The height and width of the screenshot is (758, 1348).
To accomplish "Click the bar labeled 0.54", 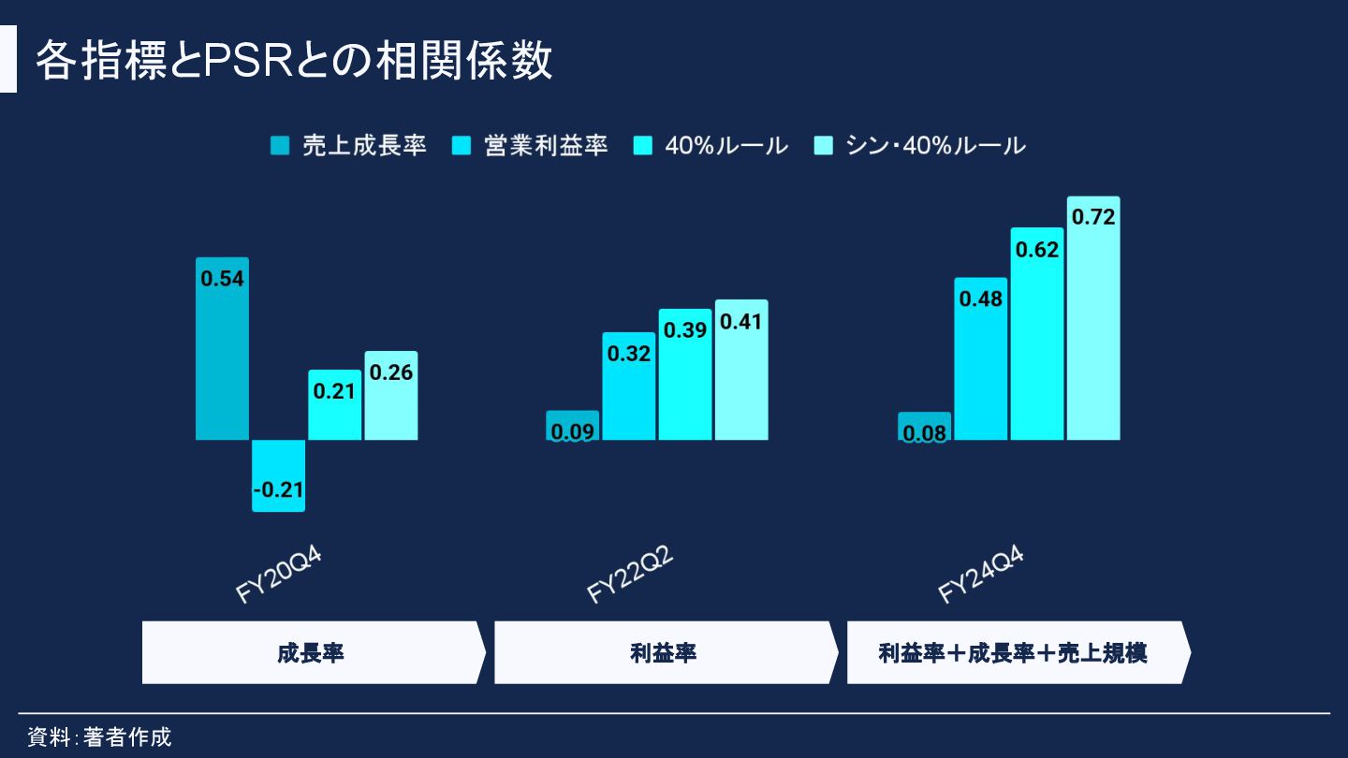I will point(222,348).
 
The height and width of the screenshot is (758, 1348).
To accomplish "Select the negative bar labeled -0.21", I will point(278,475).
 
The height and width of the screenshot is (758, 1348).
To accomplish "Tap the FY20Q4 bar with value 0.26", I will point(391,396).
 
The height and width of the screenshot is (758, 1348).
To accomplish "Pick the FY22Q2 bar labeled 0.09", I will point(572,426).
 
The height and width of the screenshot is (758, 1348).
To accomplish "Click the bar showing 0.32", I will point(628,386).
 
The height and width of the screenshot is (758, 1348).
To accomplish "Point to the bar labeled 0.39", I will point(684,374).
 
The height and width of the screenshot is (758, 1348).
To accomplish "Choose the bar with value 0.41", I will point(741,370).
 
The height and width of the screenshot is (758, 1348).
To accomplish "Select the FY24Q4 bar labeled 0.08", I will point(924,427).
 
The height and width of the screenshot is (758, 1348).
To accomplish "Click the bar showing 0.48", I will point(980,358).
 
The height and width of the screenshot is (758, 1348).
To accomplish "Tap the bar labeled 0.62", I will point(1037,333).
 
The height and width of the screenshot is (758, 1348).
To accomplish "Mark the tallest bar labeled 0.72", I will point(1093,318).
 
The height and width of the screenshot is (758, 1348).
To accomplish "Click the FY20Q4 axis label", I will point(278,575).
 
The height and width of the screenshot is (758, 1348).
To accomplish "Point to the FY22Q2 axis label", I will point(630,575).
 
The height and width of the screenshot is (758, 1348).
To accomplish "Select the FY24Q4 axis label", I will point(981,575).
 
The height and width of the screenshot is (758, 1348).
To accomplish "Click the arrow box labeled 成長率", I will point(312,652).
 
